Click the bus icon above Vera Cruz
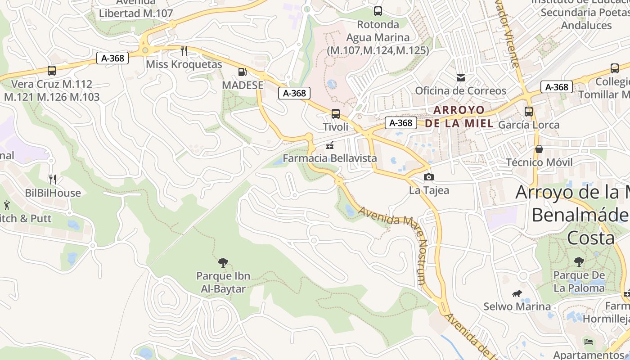[52, 71]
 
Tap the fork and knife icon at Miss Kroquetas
[184, 50]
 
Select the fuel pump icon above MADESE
[242, 72]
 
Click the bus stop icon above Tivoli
[336, 114]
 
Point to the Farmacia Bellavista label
[329, 158]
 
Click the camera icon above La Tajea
[429, 177]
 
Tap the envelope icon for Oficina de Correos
[461, 77]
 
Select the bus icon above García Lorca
[529, 111]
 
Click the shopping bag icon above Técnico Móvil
[539, 149]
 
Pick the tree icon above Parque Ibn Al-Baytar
[223, 262]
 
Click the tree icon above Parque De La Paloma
[579, 261]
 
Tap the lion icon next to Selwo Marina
[517, 294]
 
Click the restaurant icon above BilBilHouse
[53, 180]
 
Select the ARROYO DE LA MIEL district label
[459, 117]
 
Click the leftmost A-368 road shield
[112, 58]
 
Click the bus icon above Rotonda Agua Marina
[378, 11]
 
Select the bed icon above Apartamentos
[588, 342]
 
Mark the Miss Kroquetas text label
[184, 64]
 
